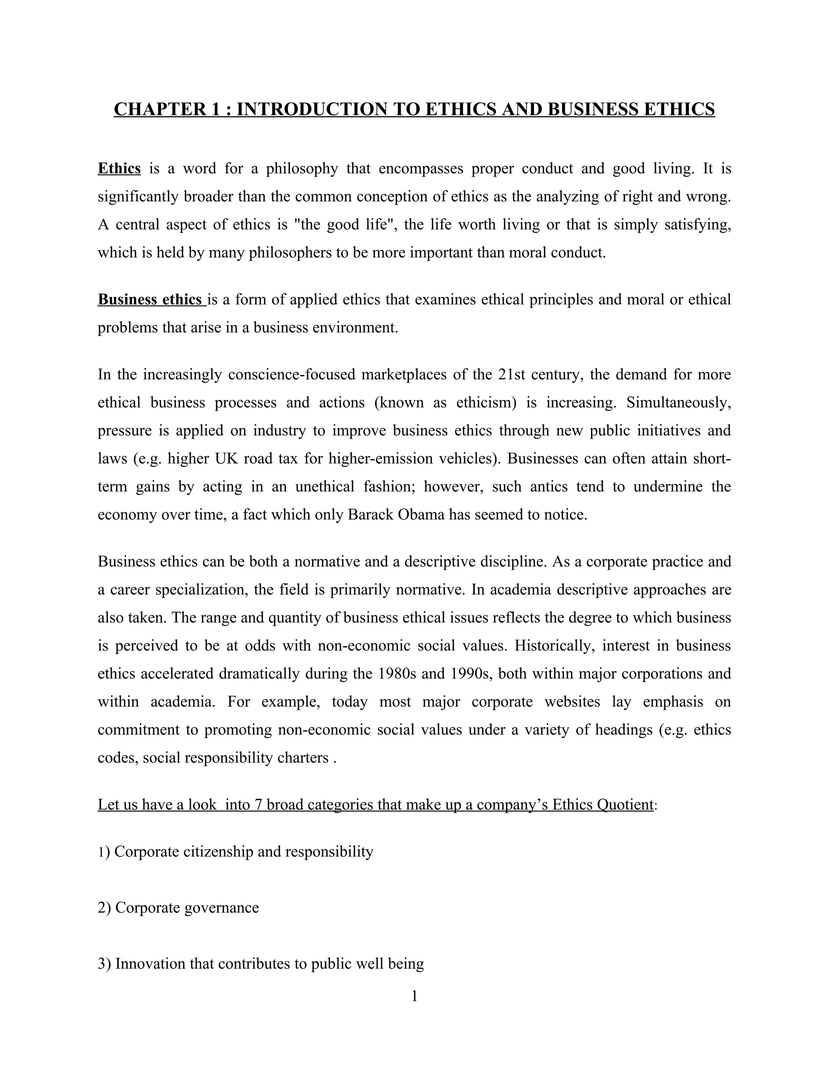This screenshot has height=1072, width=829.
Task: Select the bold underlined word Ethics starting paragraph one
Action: point(119,169)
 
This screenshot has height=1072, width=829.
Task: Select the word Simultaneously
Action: point(679,403)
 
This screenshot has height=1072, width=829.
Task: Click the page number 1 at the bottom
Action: point(414,996)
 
